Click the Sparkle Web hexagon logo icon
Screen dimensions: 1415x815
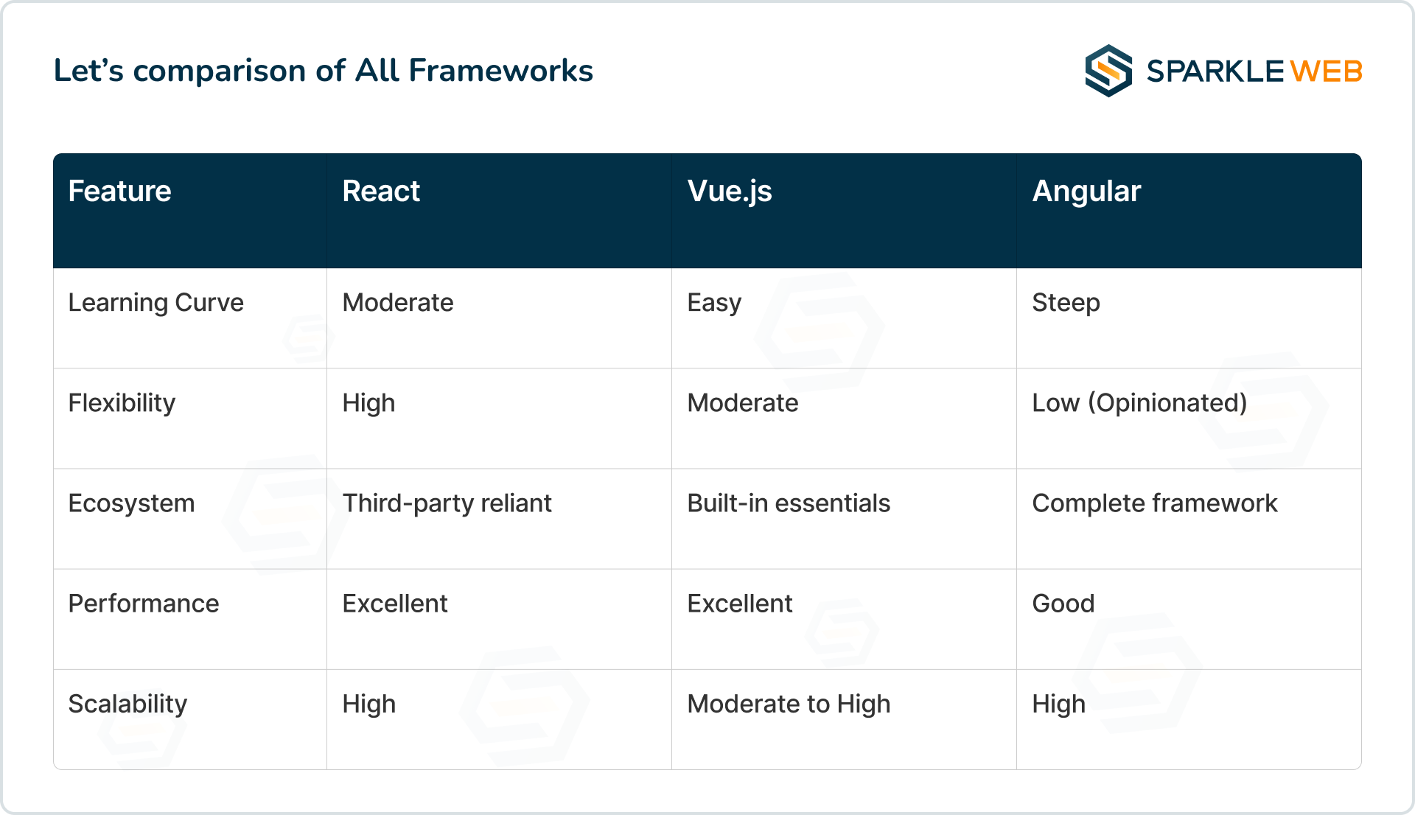[x=1108, y=71]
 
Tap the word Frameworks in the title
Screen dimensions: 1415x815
[x=500, y=71]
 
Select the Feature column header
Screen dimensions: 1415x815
[x=119, y=191]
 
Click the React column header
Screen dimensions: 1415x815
[x=381, y=191]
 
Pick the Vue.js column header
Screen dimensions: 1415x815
[x=730, y=192]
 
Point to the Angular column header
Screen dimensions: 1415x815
[x=1086, y=192]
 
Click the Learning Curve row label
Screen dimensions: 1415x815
[x=156, y=303]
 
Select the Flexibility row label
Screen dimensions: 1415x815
[x=122, y=403]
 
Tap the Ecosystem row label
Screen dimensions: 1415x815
[x=131, y=503]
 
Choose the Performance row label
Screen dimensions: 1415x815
[x=144, y=604]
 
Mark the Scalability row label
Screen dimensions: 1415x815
[x=127, y=704]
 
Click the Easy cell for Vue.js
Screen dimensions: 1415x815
[x=714, y=303]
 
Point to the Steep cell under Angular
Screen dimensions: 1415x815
[x=1066, y=303]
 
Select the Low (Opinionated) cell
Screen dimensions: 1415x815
[x=1139, y=403]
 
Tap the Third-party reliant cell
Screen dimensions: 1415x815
[x=447, y=503]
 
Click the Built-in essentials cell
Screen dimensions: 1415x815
[x=789, y=503]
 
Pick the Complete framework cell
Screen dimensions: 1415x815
[x=1155, y=503]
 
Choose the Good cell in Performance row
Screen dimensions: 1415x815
[x=1063, y=604]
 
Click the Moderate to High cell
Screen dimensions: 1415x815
[x=789, y=704]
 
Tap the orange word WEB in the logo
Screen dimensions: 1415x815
[x=1326, y=71]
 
